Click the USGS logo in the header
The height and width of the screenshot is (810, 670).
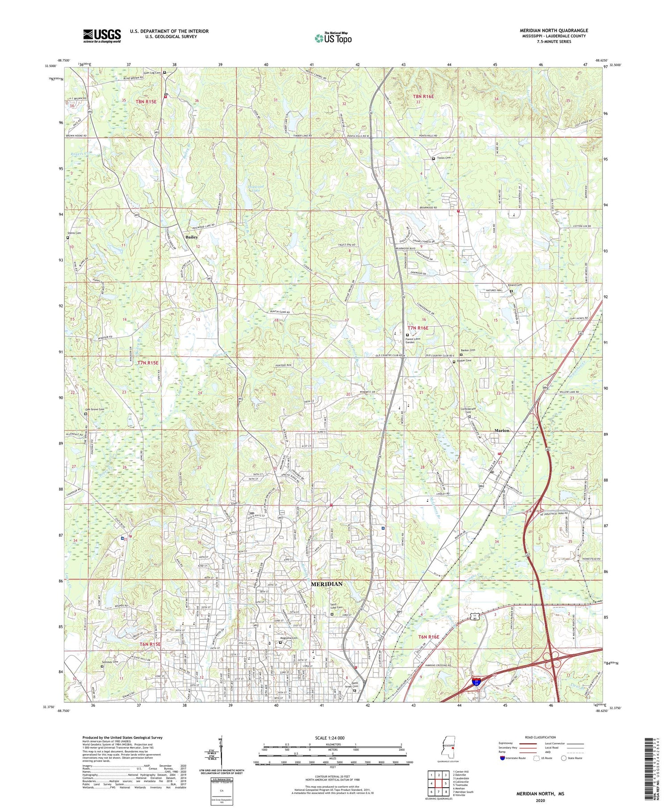click(102, 35)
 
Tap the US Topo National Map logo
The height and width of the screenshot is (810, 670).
click(333, 38)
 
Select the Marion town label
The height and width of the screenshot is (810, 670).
click(502, 431)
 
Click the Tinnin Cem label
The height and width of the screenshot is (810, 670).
click(444, 158)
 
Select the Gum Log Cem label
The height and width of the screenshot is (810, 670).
click(152, 72)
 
